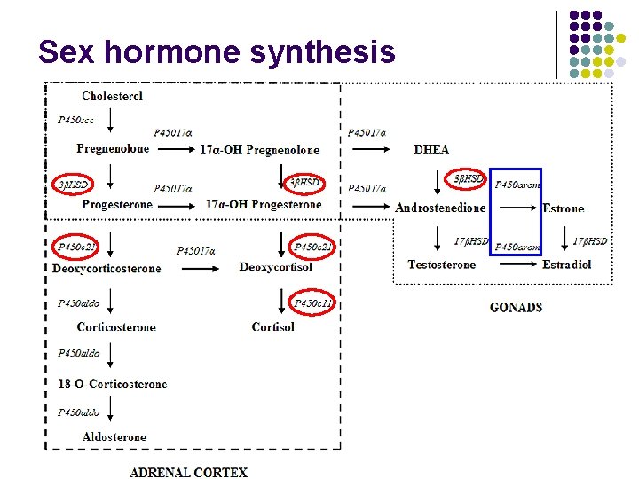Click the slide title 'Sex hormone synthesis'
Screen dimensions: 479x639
217,51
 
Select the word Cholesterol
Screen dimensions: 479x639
112,96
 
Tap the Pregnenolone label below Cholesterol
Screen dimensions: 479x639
113,149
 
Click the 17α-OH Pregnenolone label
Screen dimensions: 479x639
260,150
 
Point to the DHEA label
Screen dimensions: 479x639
431,150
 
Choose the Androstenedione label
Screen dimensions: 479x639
440,208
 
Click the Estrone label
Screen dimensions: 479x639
564,208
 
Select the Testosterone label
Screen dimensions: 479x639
441,264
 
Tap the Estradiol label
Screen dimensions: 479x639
567,264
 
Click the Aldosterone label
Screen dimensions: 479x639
114,437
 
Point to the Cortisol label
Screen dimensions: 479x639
273,327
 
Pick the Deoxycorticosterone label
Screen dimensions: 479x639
106,268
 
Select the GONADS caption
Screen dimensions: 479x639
516,308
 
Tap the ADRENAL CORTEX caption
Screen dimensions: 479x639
188,472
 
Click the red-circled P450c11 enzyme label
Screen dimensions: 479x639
312,303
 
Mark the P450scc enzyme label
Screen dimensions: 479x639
76,119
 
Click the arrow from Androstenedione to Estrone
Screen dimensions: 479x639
516,207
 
